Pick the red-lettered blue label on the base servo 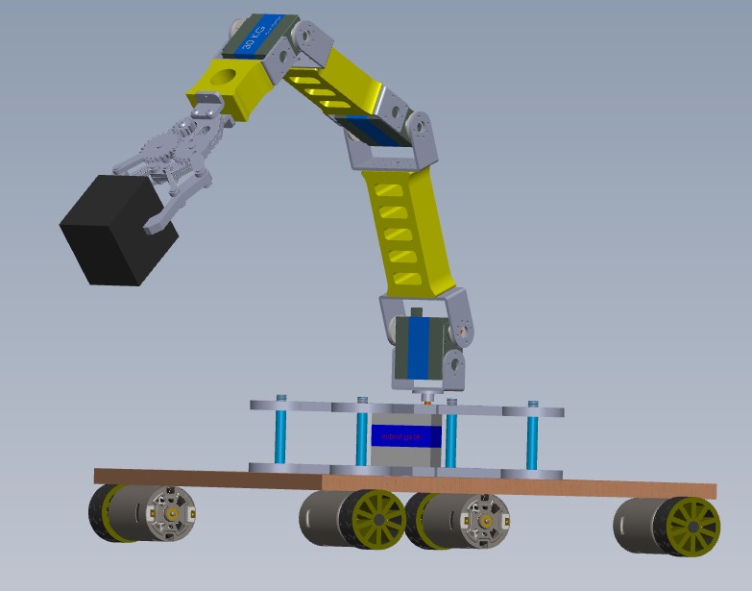tap(402, 435)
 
